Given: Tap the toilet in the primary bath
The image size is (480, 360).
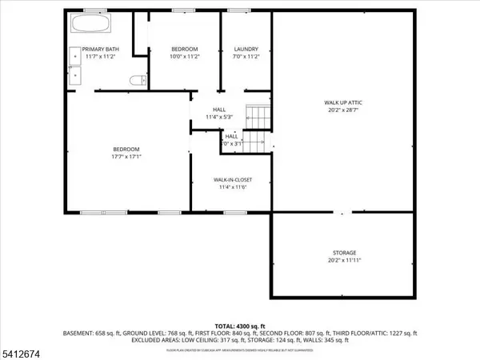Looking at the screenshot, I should tap(138, 78).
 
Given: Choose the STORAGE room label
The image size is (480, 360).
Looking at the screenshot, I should tap(345, 252).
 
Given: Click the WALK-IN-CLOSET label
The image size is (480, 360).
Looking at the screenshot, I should tap(230, 180).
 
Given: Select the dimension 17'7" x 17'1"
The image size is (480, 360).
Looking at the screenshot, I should tap(126, 158).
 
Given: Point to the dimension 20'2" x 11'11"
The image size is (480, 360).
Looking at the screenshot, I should tap(345, 260).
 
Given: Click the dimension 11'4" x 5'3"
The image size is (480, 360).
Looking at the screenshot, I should tap(218, 118).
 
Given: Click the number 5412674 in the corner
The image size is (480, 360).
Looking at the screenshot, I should tap(21, 352).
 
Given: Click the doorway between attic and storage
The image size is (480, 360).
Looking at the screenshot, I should tap(342, 213).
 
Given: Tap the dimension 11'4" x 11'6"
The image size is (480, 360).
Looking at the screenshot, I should tap(230, 188).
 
